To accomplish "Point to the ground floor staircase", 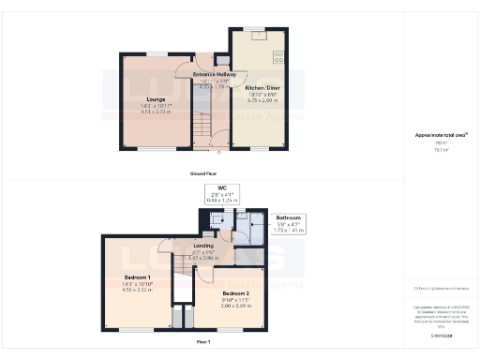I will click(x=202, y=126).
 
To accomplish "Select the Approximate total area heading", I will click(x=437, y=136).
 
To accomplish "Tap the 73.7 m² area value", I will click(x=437, y=149).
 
